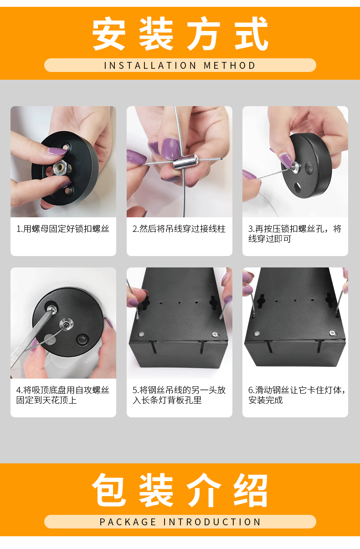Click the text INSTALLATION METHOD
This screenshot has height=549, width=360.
(180, 65)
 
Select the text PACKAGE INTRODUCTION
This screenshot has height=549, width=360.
(180, 522)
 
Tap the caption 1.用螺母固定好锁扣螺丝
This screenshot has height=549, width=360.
(63, 229)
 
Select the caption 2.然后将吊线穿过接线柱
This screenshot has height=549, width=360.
(179, 229)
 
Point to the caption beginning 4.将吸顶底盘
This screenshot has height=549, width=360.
(63, 395)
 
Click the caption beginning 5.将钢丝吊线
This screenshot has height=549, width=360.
(179, 395)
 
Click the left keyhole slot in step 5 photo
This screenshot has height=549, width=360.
(146, 302)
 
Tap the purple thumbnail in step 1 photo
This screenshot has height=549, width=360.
(57, 151)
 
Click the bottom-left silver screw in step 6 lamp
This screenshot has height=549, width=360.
(257, 334)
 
